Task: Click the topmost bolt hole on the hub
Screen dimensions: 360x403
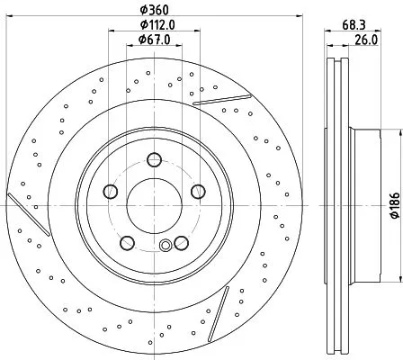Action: (154, 161)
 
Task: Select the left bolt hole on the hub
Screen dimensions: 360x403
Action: (112, 191)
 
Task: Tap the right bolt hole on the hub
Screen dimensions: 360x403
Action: (196, 191)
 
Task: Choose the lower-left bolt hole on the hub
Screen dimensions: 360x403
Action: (128, 241)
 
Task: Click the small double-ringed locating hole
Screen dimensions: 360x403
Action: (164, 247)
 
